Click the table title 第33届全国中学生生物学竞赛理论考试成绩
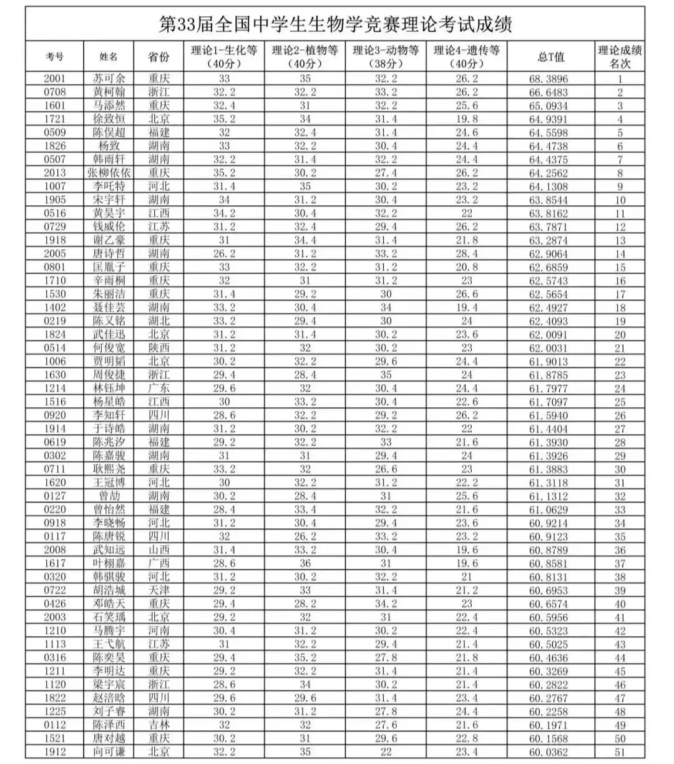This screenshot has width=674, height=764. click(x=336, y=25)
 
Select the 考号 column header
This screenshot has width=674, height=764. click(x=54, y=56)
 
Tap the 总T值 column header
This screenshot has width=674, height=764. click(x=550, y=56)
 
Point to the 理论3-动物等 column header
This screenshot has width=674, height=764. click(x=386, y=56)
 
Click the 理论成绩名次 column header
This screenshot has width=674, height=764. click(x=620, y=56)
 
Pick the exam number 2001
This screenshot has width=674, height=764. click(x=54, y=79)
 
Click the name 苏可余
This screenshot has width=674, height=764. click(x=109, y=79)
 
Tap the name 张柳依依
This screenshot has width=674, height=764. click(x=109, y=173)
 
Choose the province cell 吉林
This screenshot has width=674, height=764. click(x=159, y=725)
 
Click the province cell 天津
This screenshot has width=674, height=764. click(x=159, y=590)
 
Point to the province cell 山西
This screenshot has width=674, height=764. click(x=159, y=549)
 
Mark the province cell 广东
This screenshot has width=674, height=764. click(x=159, y=388)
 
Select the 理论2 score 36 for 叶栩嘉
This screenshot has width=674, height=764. click(x=305, y=563)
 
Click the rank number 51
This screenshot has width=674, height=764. click(x=620, y=752)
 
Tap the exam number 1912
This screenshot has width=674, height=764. click(x=54, y=752)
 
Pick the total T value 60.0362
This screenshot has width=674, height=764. click(x=549, y=752)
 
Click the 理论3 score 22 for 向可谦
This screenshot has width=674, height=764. click(x=386, y=752)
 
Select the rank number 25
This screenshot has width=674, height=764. click(x=620, y=402)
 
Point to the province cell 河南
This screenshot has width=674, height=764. click(x=159, y=631)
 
